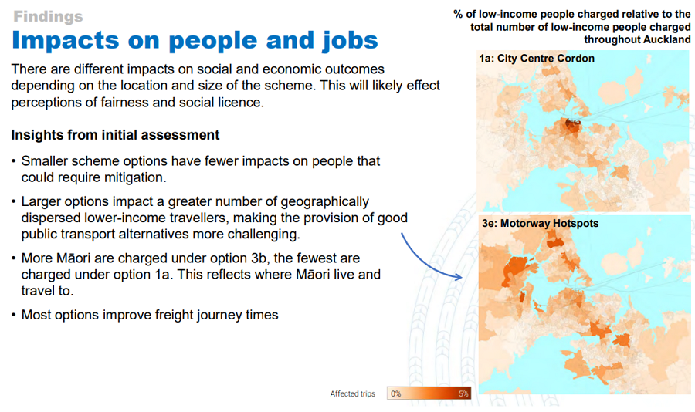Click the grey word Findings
coord(48,16)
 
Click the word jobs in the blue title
coord(350,41)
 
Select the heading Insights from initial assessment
coord(115,135)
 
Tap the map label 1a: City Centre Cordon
coord(537,59)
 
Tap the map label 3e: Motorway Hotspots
coord(541,223)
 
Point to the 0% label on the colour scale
coord(396,393)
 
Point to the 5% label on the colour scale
coord(463,393)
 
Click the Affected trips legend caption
coord(352,393)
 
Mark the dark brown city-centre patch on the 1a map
coord(572,127)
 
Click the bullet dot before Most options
coord(14,315)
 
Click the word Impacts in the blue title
coord(66,40)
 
